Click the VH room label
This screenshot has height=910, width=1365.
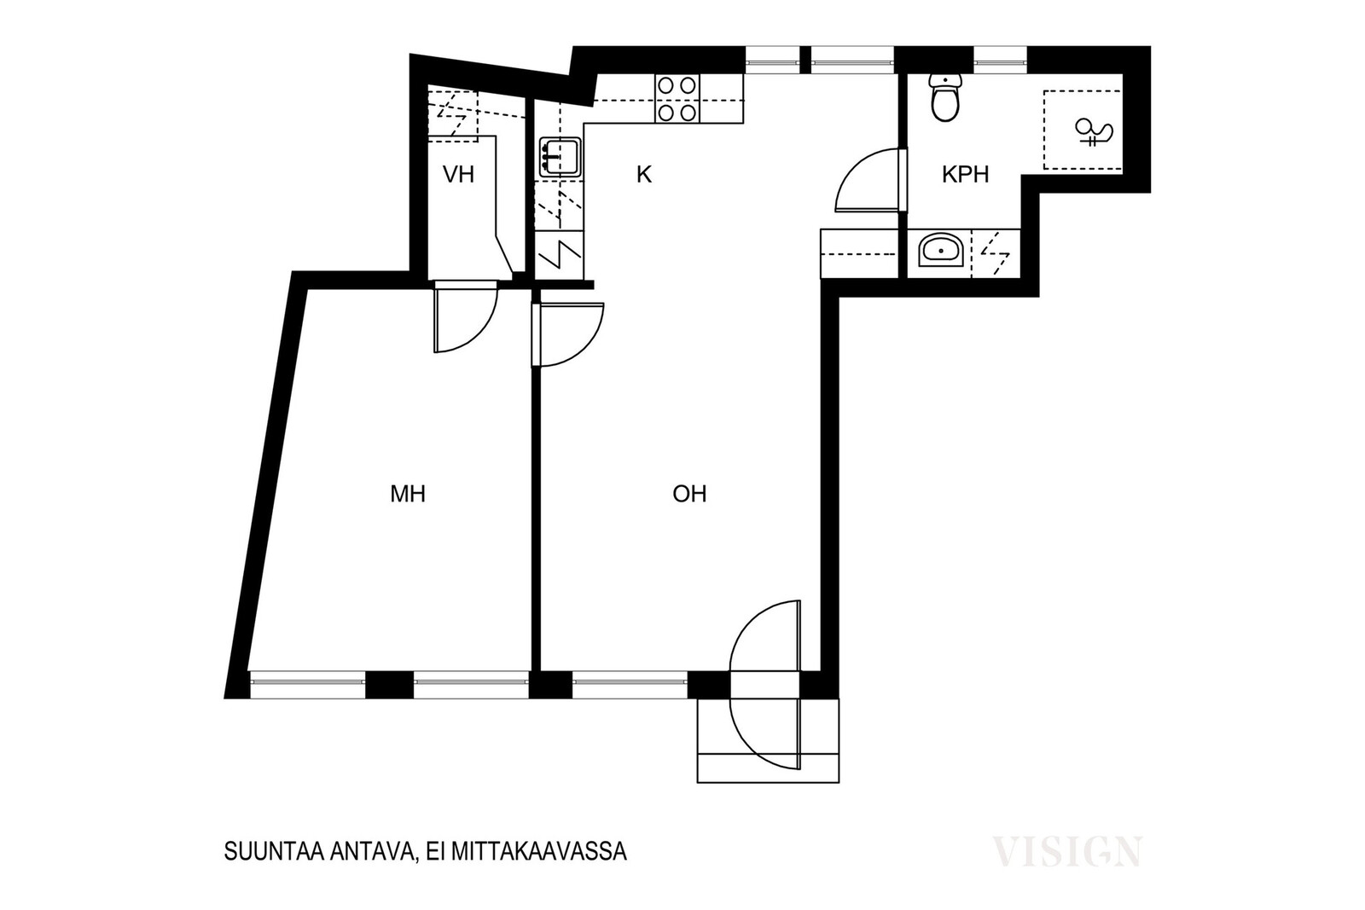point(458,175)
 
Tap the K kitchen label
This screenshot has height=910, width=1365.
point(644,175)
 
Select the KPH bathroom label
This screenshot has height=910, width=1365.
point(965,175)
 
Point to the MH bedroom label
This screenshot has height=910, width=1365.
point(408,494)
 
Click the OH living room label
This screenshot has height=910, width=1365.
point(689,494)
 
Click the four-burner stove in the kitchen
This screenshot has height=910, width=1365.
point(677,99)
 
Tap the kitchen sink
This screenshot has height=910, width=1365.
point(560,157)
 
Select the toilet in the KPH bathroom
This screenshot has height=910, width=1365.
point(945,97)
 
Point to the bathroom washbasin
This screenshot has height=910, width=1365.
point(941,251)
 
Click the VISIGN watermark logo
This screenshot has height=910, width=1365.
point(1067,851)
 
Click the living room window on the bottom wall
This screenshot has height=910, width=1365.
point(630,685)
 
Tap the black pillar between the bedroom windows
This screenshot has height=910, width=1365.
point(389,685)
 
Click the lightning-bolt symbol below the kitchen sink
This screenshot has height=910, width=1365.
point(560,254)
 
